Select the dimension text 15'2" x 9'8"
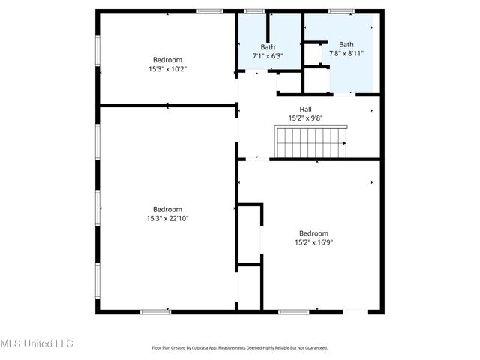pyautogui.click(x=306, y=118)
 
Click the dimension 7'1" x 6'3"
pyautogui.click(x=268, y=55)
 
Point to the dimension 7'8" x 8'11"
pyautogui.click(x=346, y=53)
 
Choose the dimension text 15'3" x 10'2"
pyautogui.click(x=167, y=68)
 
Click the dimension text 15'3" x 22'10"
pyautogui.click(x=167, y=218)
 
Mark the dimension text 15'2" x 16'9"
pyautogui.click(x=313, y=241)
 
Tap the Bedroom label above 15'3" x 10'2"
pyautogui.click(x=167, y=60)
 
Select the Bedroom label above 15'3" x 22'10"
pyautogui.click(x=167, y=209)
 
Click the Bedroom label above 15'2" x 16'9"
pyautogui.click(x=313, y=232)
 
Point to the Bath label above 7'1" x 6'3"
pyautogui.click(x=268, y=47)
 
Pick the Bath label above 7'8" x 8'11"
pyautogui.click(x=346, y=44)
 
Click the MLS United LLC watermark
pyautogui.click(x=37, y=343)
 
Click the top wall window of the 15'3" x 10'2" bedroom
pyautogui.click(x=210, y=11)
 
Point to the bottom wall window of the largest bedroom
pyautogui.click(x=155, y=311)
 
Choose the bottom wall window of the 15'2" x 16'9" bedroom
pyautogui.click(x=293, y=311)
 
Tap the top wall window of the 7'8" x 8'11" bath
pyautogui.click(x=341, y=11)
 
